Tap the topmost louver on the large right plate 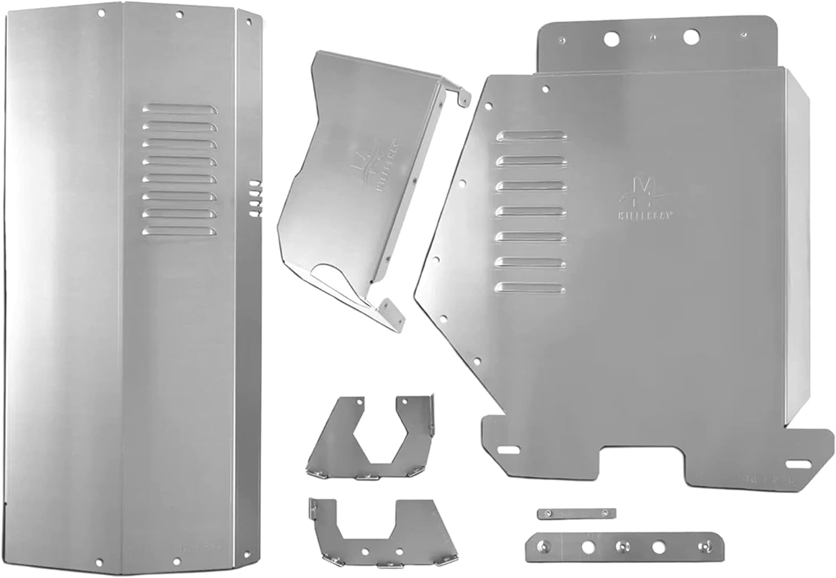coord(532,136)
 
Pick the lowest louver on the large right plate coord(532,288)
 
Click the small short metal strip coord(576,513)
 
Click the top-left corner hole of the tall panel coord(101,12)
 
